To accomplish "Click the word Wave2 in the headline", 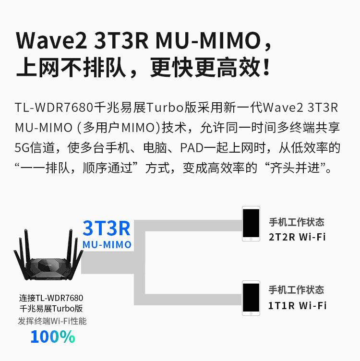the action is tap(51, 40).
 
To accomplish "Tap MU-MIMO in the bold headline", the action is tap(208, 40).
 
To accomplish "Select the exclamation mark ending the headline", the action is tap(266, 67).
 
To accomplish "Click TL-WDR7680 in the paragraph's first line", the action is tap(54, 107).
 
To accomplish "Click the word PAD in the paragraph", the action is tap(192, 147).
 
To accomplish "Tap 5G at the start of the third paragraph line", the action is tap(22, 147).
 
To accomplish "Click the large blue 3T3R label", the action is tap(107, 229).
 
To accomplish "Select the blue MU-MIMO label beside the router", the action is tap(107, 245).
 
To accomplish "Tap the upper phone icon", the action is tap(251, 224).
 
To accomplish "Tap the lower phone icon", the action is tap(251, 298).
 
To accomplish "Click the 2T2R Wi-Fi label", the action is tap(297, 237).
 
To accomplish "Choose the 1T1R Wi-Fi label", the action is tap(297, 306).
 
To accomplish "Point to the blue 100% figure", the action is tap(53, 337).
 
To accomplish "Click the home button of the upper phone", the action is tap(251, 239).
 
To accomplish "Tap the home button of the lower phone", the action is tap(251, 313).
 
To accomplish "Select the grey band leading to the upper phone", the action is tap(188, 226).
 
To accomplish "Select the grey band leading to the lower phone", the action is tap(188, 300).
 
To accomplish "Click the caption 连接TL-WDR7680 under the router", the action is tap(51, 298).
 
